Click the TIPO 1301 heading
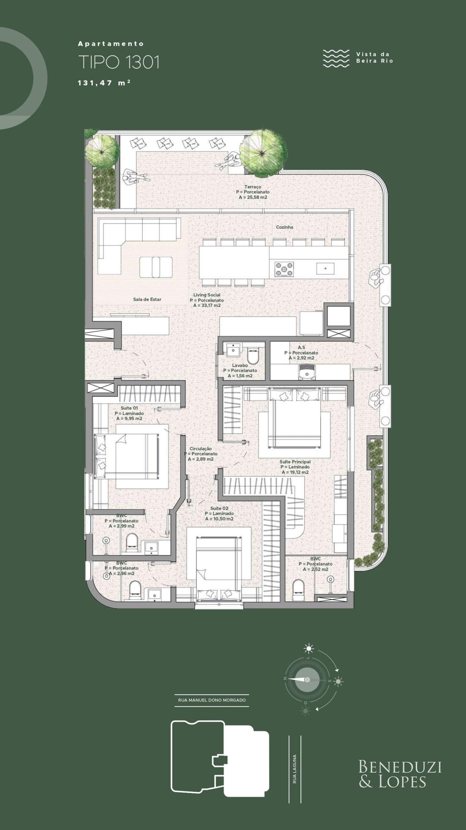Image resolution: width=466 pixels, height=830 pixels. coord(119,62)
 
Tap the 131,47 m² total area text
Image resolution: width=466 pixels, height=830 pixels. coord(104,83)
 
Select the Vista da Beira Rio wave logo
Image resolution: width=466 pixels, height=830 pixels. coord(336,58)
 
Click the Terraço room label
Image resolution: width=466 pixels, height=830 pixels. coord(253,187)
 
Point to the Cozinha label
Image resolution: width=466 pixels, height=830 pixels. coord(285,227)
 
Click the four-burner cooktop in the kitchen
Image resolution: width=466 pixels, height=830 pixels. coord(284,269)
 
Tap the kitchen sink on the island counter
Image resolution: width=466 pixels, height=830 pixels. coord(325,268)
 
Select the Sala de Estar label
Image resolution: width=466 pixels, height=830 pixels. coord(147,299)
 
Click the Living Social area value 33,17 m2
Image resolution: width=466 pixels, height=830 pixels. coord(207,305)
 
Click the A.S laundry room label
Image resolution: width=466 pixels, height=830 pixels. coord(301,348)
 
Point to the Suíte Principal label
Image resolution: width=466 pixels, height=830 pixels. coord(295,462)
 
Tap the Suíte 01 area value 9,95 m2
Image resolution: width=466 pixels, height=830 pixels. coord(129,419)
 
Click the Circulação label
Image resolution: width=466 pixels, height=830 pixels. coord(201,449)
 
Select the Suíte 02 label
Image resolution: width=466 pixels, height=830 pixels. coord(219,508)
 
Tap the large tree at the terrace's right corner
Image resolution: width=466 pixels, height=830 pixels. coord(260,153)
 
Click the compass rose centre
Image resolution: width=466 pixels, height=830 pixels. coord(307,680)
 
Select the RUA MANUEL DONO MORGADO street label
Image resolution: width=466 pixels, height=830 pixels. coord(212,700)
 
